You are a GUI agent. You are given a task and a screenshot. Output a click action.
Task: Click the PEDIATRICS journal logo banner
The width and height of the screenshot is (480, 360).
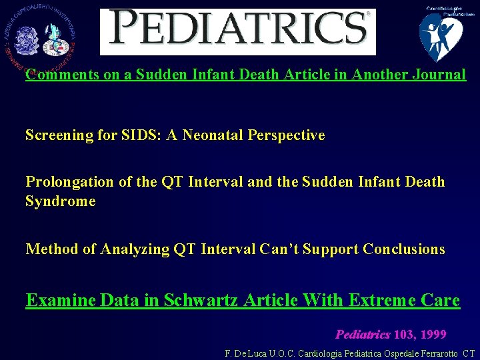click(238, 31)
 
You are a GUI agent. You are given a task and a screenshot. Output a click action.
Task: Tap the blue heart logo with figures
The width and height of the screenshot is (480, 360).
click(441, 35)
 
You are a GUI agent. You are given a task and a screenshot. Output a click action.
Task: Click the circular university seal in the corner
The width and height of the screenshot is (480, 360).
click(40, 37)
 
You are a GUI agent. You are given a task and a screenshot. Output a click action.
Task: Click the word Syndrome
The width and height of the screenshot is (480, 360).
click(60, 201)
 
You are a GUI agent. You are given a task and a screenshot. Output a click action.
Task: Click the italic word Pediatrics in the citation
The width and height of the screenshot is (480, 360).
click(363, 334)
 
